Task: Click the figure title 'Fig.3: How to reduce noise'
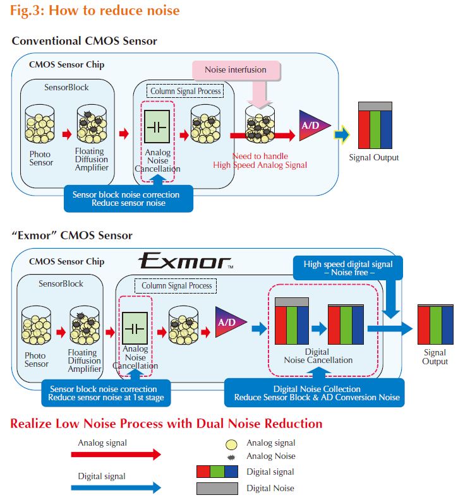click(x=95, y=11)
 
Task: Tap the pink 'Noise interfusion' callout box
click(x=235, y=69)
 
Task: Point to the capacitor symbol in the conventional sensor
click(x=157, y=126)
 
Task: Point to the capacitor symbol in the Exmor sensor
click(x=135, y=328)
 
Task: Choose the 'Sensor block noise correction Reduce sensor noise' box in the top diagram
click(x=128, y=198)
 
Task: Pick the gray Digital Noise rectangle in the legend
click(x=217, y=488)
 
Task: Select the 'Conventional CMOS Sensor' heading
click(x=84, y=41)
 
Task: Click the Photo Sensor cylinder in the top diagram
click(x=39, y=124)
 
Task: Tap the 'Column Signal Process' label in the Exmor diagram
click(x=177, y=286)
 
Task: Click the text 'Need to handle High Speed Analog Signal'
click(x=260, y=160)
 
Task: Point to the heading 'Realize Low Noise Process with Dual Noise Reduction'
click(x=166, y=423)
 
